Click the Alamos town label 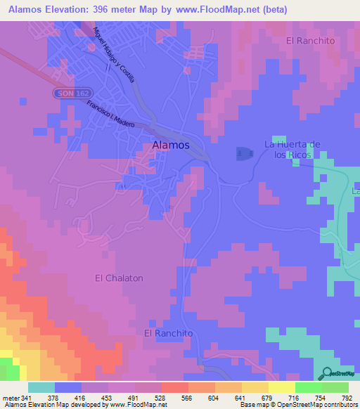point(171,145)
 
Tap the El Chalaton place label point(119,278)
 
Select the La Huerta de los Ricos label point(292,149)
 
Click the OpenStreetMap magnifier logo point(328,373)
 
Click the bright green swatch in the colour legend point(308,387)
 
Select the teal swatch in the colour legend point(41,387)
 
